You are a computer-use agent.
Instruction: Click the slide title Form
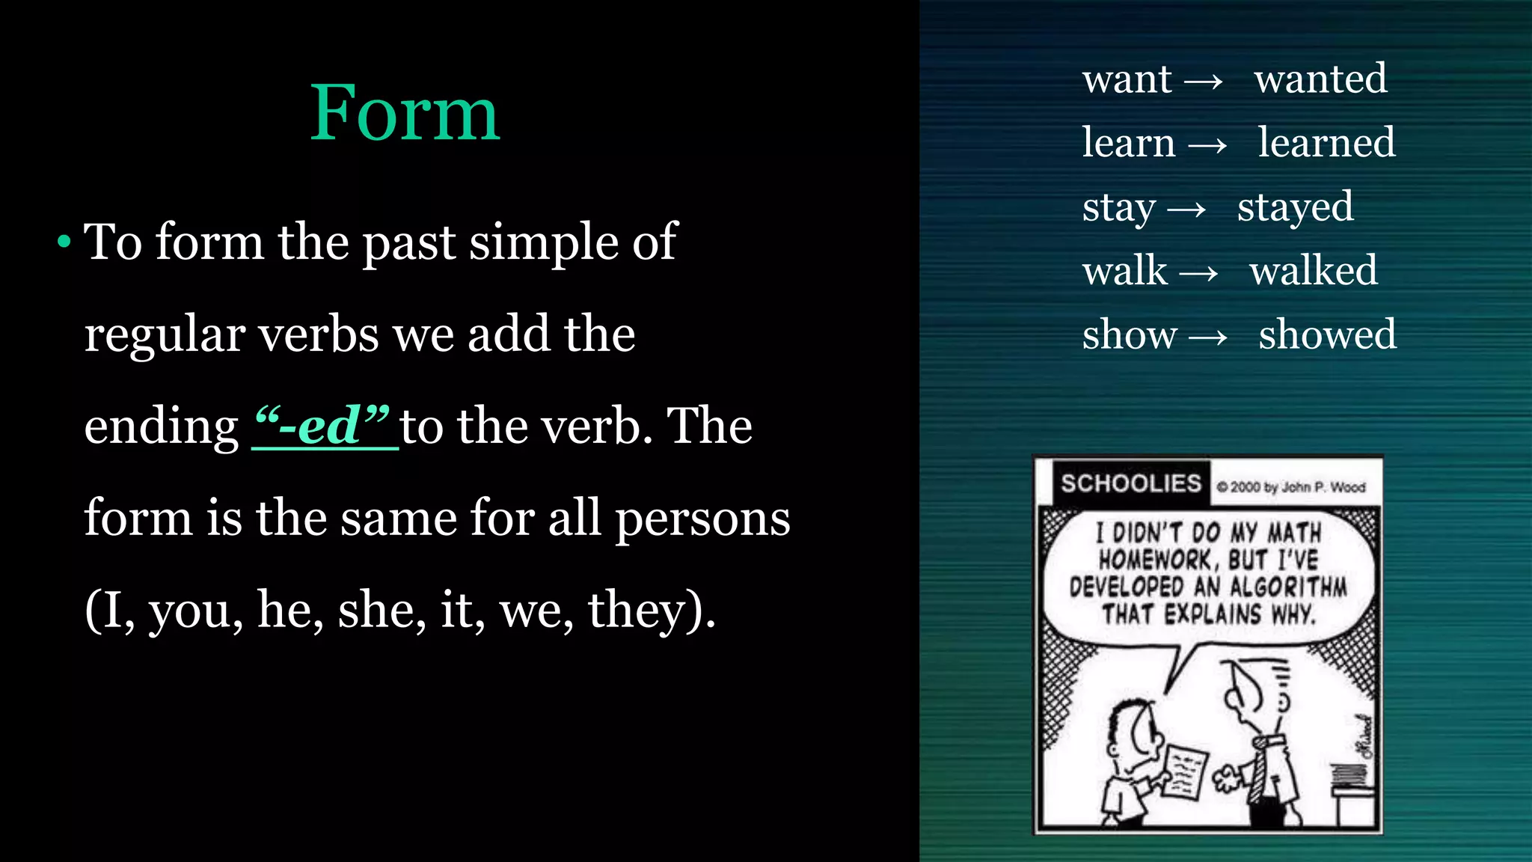(405, 113)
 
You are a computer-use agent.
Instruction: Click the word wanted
(1320, 79)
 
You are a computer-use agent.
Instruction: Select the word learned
(1326, 142)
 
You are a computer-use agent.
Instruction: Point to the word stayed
(1295, 207)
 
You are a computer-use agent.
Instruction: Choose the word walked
(1313, 270)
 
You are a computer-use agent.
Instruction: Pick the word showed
(1327, 334)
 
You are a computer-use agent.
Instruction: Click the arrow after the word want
(1204, 81)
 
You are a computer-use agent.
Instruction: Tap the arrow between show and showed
(1207, 337)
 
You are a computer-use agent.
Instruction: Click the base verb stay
(1118, 207)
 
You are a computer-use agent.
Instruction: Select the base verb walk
(1124, 270)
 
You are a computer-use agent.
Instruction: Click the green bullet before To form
(64, 242)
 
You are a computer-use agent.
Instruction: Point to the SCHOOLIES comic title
(1130, 483)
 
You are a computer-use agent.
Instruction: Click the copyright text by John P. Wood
(1290, 487)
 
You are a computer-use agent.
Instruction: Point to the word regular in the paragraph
(164, 334)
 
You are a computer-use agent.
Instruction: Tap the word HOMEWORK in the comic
(1154, 560)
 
